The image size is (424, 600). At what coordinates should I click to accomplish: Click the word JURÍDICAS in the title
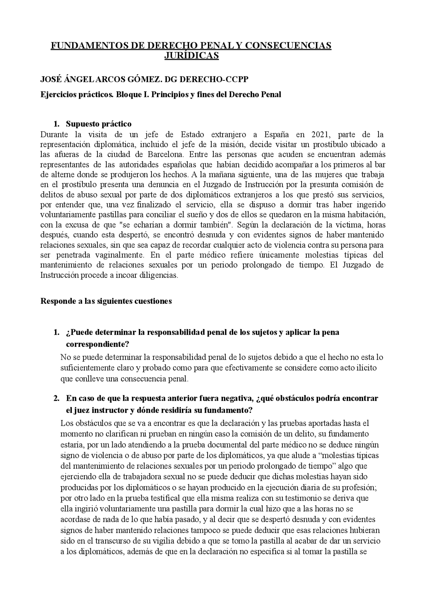point(191,55)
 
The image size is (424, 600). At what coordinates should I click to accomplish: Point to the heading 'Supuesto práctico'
point(98,124)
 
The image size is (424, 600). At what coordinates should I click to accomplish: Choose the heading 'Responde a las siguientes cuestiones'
point(106,301)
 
